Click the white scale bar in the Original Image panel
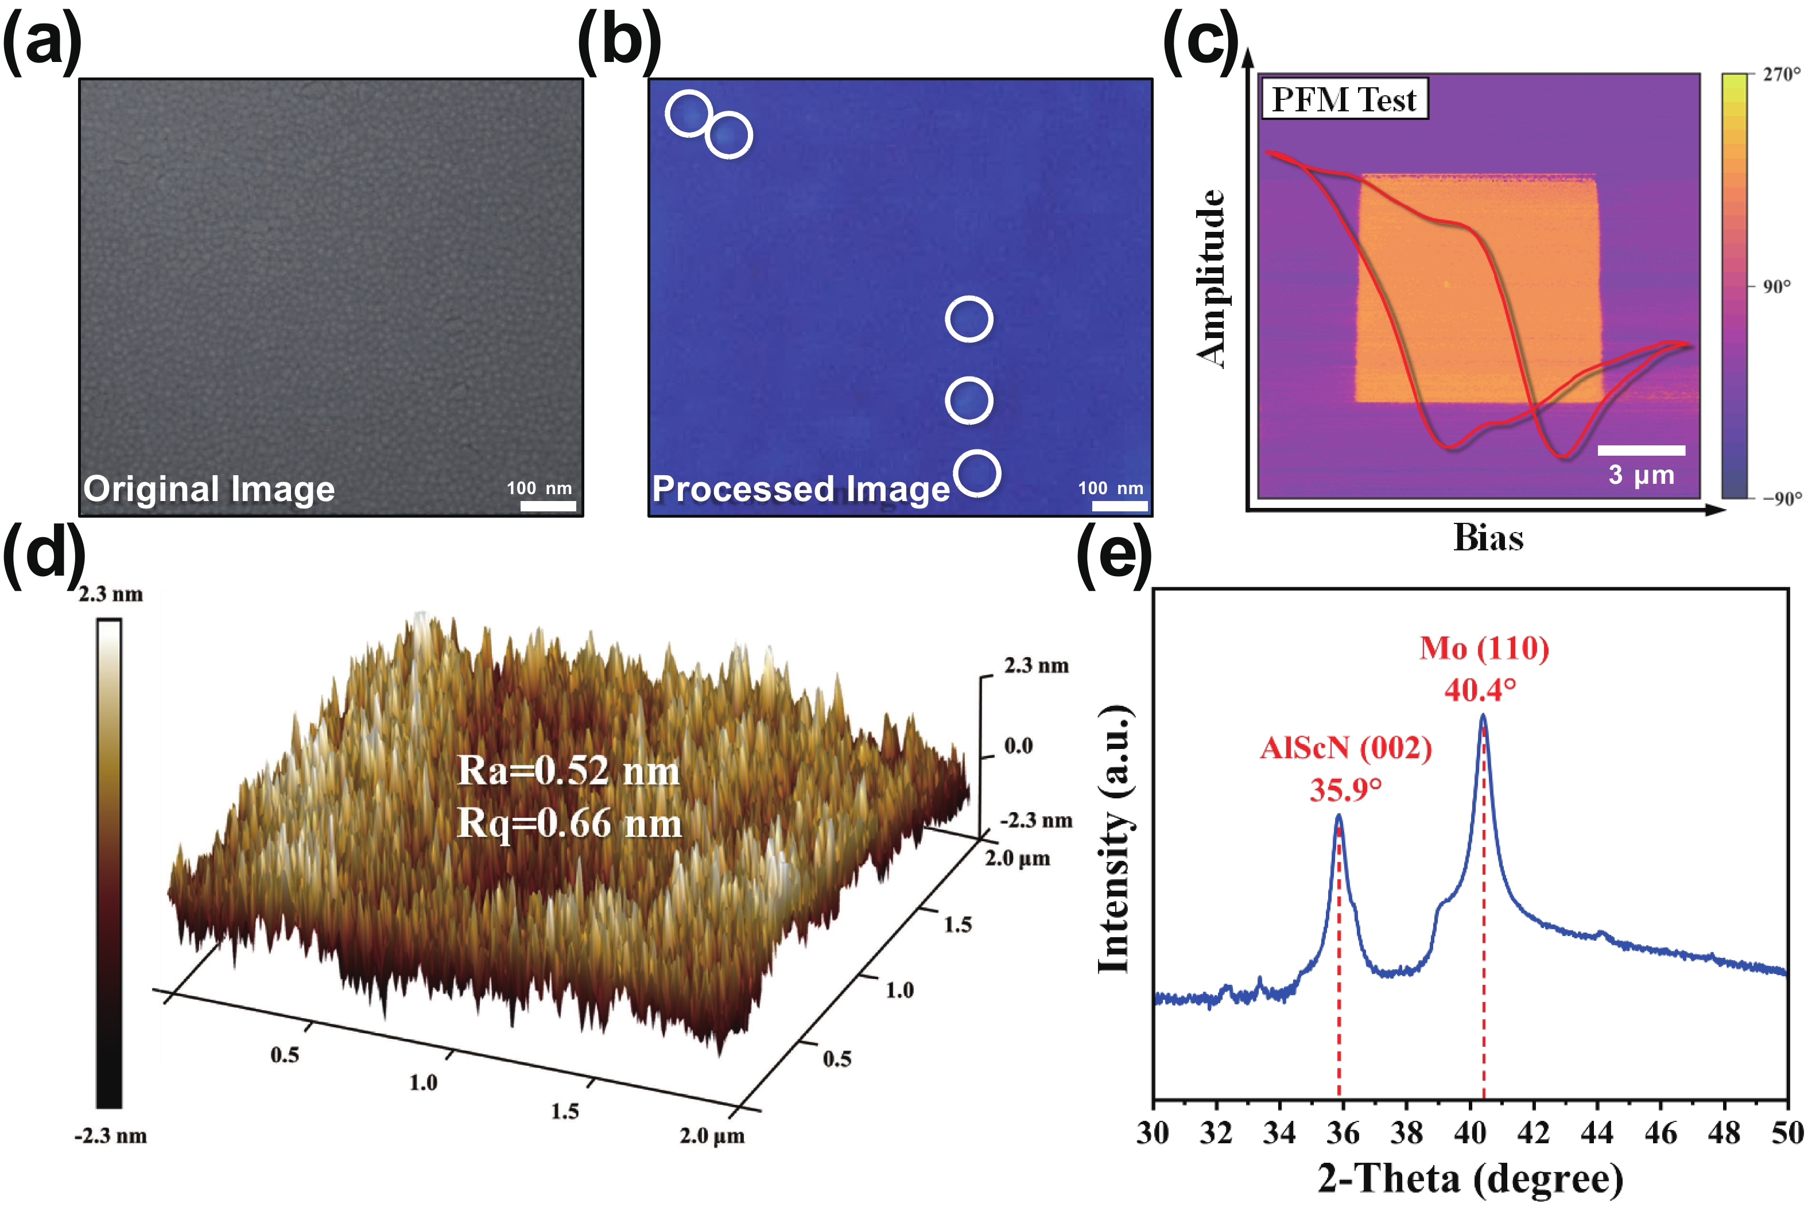click(x=548, y=506)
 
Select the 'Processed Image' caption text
click(x=801, y=489)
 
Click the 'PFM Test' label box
click(x=1344, y=99)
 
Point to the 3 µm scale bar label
click(x=1641, y=475)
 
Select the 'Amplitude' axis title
click(x=1210, y=278)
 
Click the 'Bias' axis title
click(x=1488, y=538)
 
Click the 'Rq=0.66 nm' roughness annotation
click(x=569, y=822)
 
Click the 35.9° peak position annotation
click(x=1345, y=790)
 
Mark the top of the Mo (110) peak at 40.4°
click(x=1483, y=715)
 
